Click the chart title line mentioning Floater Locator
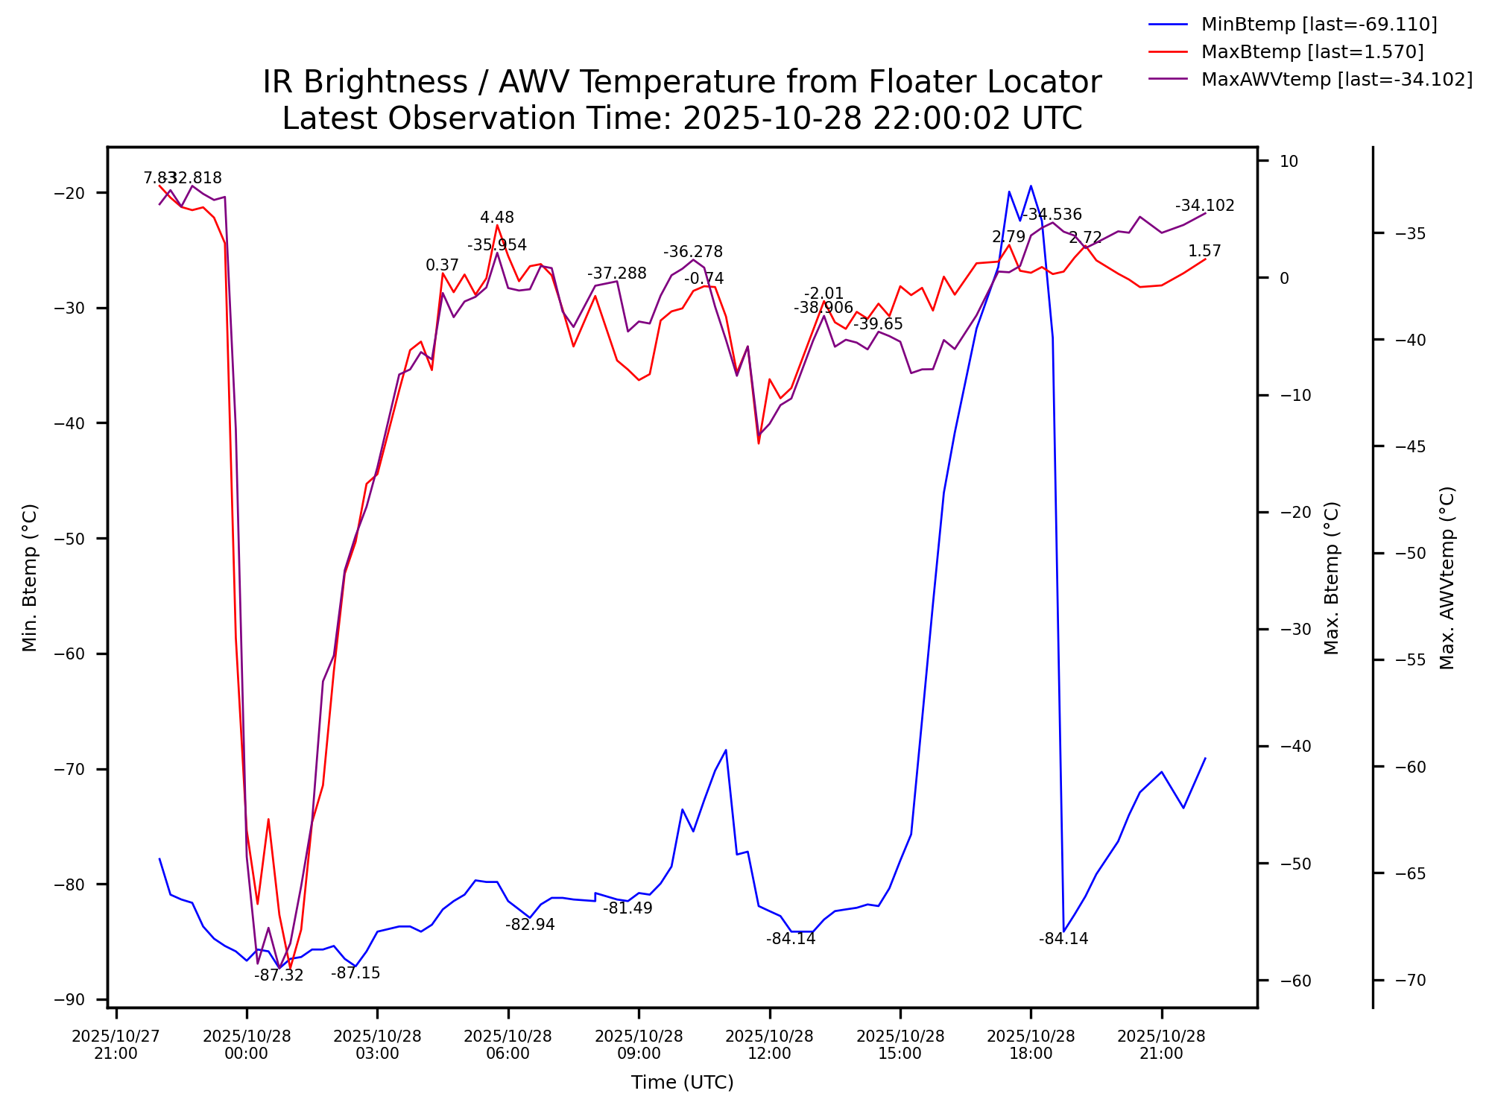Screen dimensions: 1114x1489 tap(682, 82)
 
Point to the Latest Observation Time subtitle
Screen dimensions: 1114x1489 tap(682, 118)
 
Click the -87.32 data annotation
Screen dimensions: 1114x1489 tap(279, 975)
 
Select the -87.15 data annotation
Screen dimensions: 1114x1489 tap(355, 973)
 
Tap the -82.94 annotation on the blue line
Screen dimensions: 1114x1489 tap(530, 925)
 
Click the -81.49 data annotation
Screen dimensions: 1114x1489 tap(627, 908)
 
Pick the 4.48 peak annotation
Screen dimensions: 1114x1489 tap(497, 218)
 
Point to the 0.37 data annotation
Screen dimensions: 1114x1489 tap(442, 265)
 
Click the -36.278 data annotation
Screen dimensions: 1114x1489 tap(693, 252)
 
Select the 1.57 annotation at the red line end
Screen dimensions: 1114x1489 tap(1204, 251)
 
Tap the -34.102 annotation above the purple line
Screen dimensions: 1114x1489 tap(1205, 206)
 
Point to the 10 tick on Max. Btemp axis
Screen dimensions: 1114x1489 tap(1289, 161)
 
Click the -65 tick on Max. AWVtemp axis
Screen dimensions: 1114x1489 tap(1409, 873)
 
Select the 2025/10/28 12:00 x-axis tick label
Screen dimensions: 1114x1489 tap(769, 1045)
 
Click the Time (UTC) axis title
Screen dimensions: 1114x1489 tap(682, 1083)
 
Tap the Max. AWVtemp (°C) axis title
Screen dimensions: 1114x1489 tap(1447, 577)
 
